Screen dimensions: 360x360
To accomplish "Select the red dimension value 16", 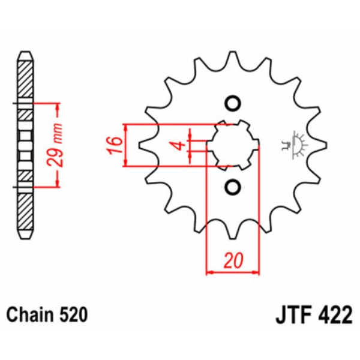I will [x=116, y=145].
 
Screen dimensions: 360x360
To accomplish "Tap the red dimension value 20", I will [x=233, y=261].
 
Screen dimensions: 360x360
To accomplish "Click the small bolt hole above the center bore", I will [x=232, y=103].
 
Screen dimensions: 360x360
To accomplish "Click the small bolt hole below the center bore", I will [x=232, y=187].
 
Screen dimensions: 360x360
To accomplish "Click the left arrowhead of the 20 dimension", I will [x=210, y=272].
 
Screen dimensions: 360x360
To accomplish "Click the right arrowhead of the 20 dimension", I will [x=255, y=272].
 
